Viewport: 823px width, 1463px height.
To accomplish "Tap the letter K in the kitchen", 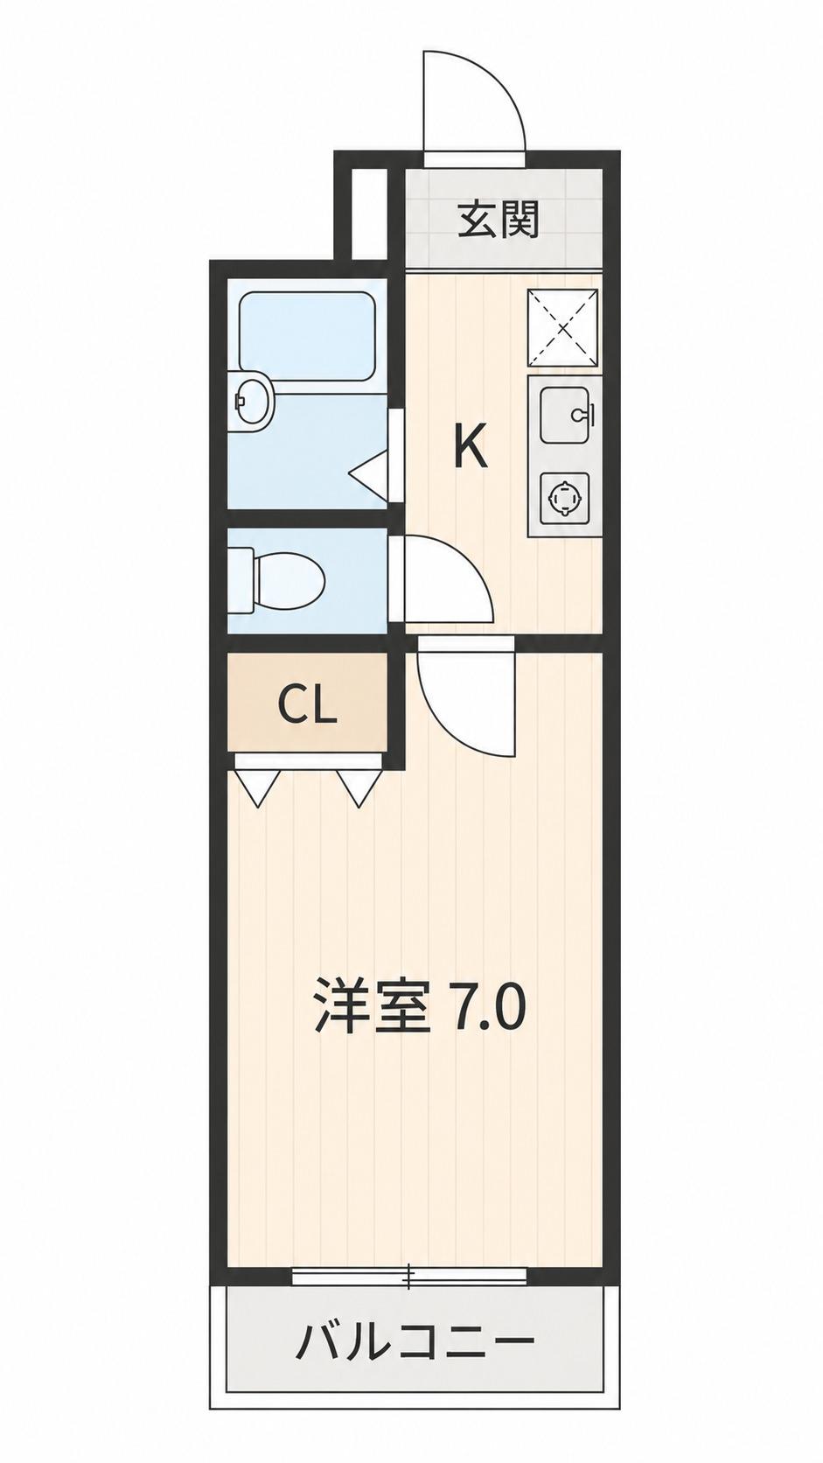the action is click(x=470, y=446).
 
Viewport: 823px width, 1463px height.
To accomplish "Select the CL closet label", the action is click(x=307, y=704).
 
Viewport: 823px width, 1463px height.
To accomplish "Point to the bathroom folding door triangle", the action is click(x=369, y=470).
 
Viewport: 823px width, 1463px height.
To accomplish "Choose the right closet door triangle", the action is click(x=359, y=787).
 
